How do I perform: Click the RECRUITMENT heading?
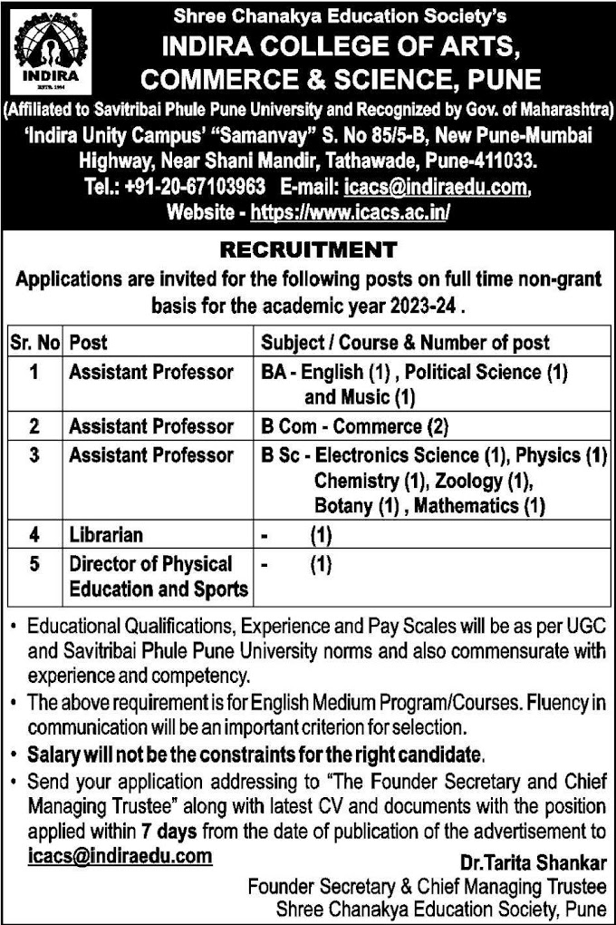coord(308,249)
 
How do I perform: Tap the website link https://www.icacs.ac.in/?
coord(350,212)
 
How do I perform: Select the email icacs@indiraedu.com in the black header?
coord(434,188)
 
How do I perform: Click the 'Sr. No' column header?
coord(34,343)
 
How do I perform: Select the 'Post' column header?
coord(88,343)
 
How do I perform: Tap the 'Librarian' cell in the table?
coord(106,535)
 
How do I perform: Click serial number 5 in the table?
coord(34,564)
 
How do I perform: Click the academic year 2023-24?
coord(423,307)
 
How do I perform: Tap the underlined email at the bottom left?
coord(120,855)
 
